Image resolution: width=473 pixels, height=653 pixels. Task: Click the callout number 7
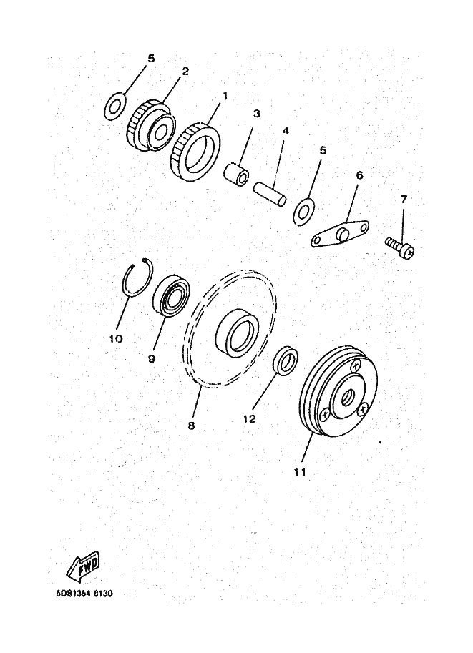[404, 200]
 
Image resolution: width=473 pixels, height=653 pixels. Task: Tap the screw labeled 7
[400, 247]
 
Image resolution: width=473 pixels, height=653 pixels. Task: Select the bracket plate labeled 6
[340, 232]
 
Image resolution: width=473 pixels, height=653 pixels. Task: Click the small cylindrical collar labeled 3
[236, 174]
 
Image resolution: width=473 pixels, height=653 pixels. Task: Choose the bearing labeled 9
[171, 295]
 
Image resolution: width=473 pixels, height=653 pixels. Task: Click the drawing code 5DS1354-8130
[84, 593]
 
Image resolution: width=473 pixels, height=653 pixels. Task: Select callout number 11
[300, 472]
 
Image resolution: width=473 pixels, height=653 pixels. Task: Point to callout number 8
[191, 426]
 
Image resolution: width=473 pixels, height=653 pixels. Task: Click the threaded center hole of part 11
[347, 399]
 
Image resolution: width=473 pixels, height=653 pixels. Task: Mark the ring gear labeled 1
[195, 151]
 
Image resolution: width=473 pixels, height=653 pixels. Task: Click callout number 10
[115, 338]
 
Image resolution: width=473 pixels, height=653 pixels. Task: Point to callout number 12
[249, 418]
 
